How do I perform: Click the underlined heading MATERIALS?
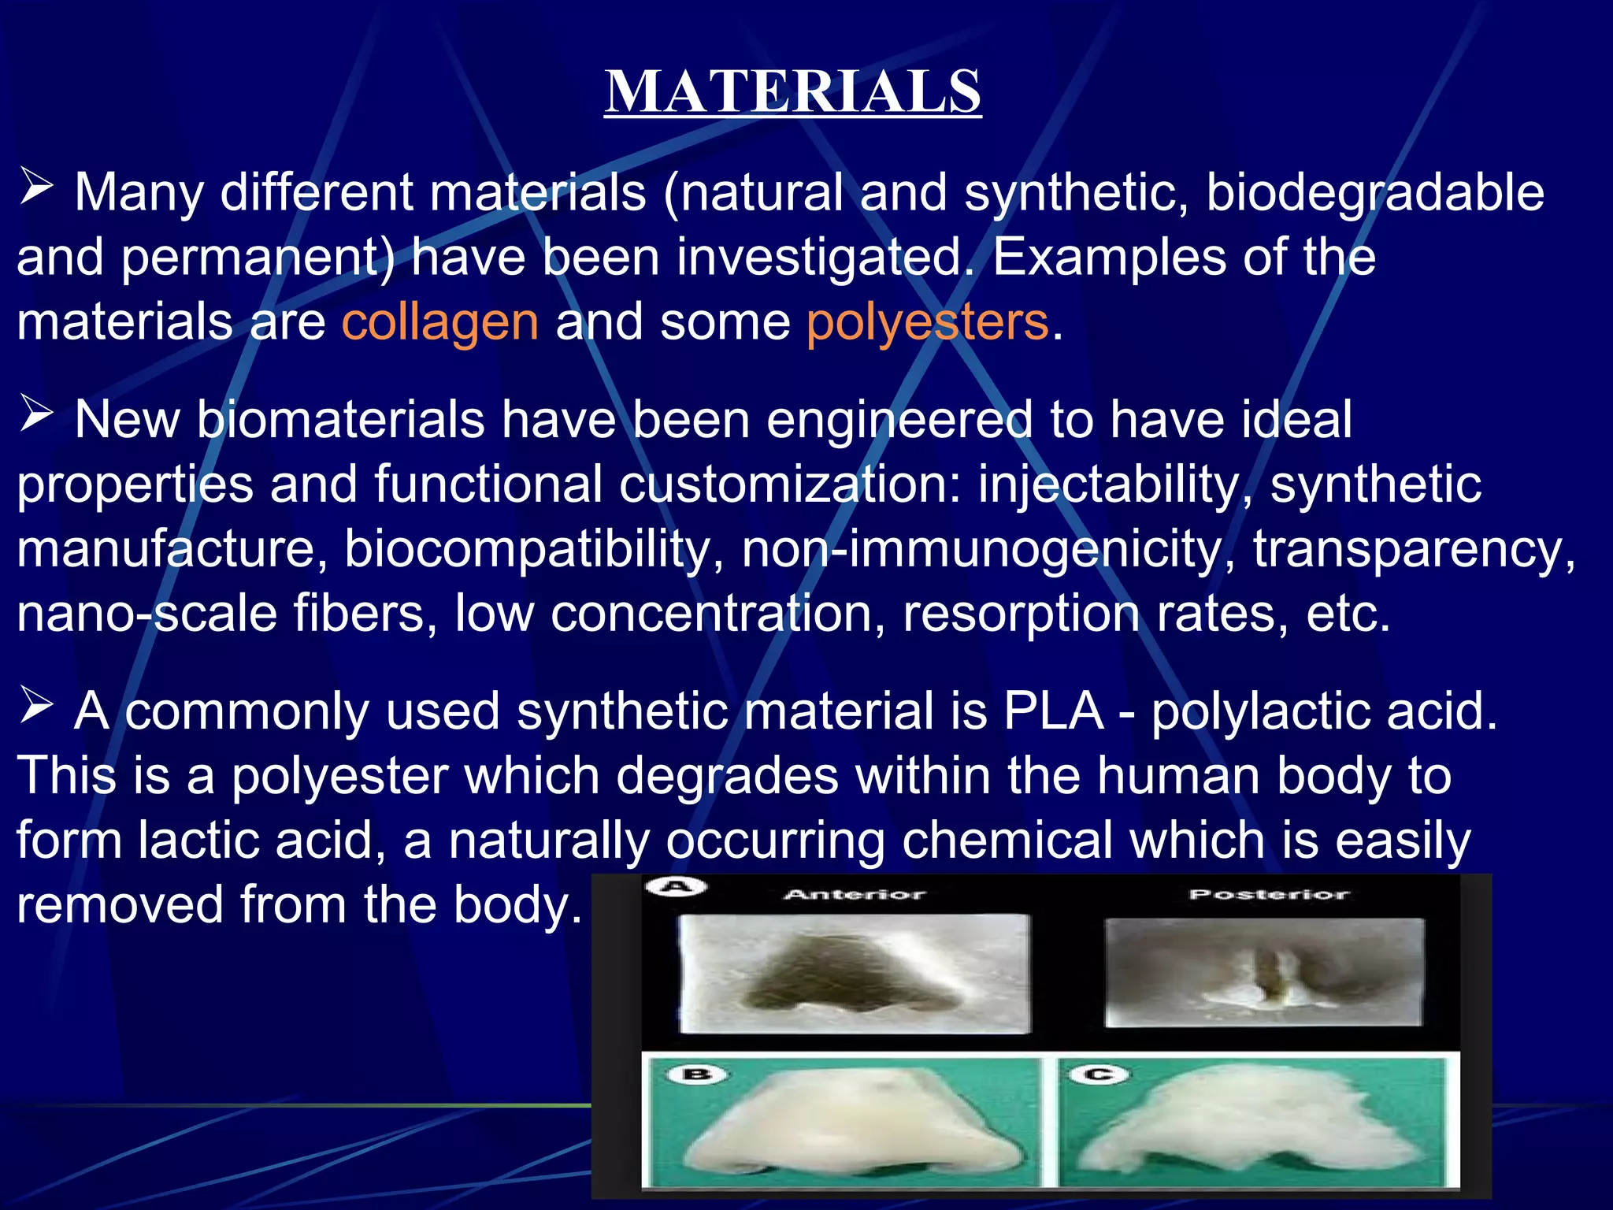coord(792,92)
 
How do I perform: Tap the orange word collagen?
coord(439,322)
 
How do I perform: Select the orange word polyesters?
coord(927,322)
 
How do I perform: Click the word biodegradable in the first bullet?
coord(1374,194)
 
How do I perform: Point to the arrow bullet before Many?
coord(36,188)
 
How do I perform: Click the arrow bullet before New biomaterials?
coord(36,414)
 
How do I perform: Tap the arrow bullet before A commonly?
coord(36,706)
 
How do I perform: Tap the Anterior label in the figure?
coord(855,894)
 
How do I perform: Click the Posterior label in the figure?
coord(1269,894)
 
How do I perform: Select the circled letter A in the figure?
coord(676,887)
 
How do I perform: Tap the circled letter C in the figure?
coord(1099,1075)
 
